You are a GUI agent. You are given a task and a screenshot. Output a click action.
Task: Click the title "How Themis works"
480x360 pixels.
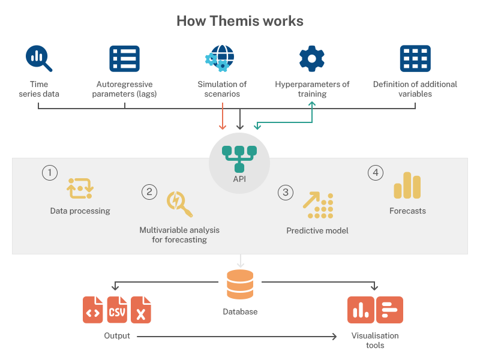(x=240, y=21)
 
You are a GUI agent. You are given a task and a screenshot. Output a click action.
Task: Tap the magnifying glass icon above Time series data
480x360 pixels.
(x=39, y=59)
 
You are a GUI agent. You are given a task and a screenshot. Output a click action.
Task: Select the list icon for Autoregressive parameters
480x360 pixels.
(x=124, y=59)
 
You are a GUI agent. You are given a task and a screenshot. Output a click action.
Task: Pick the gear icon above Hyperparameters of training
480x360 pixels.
(x=312, y=58)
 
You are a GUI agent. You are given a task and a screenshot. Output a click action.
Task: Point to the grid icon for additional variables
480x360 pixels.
(x=415, y=59)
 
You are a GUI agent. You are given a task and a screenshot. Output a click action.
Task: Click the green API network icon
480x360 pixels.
(x=239, y=158)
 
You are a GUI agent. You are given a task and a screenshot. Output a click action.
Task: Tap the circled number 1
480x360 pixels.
(x=50, y=173)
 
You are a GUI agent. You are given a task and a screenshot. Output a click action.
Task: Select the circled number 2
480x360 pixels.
(x=149, y=192)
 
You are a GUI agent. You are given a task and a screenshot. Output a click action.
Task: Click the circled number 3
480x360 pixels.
(x=286, y=192)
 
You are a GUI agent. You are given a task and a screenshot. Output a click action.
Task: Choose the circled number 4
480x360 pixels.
(x=376, y=173)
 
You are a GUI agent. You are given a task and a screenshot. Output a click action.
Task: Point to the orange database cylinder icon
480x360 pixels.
(x=240, y=284)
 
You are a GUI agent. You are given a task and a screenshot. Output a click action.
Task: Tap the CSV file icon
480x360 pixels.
(x=117, y=310)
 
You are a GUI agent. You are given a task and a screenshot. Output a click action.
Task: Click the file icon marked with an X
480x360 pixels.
(x=141, y=310)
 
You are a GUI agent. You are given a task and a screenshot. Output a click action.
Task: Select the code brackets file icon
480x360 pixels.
(x=93, y=310)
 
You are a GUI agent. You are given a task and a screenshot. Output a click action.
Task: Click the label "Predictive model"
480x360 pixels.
(x=317, y=230)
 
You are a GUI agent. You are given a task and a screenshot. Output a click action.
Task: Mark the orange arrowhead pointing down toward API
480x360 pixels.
(x=223, y=126)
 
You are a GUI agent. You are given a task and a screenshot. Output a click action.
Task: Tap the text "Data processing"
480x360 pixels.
(x=80, y=211)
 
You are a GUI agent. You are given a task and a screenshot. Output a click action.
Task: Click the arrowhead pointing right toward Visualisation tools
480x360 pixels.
(x=334, y=337)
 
